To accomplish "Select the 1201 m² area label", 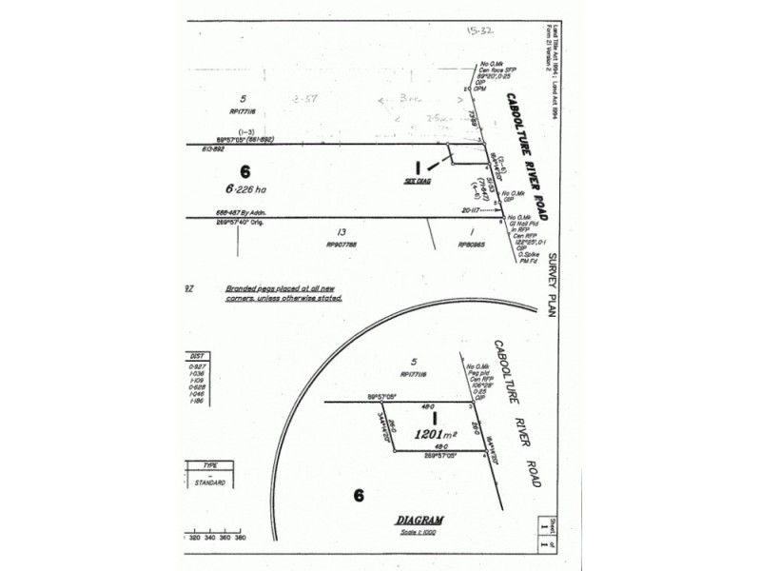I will point(434,434).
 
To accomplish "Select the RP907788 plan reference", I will point(341,244).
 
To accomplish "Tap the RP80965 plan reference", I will point(472,244).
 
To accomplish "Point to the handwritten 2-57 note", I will point(308,98).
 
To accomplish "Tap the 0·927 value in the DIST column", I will point(199,366).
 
